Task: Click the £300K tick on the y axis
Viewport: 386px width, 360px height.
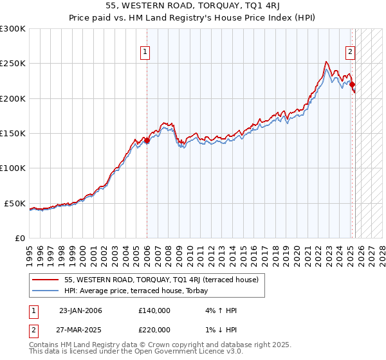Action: pos(13,29)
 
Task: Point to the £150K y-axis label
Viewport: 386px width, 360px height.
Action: pos(13,134)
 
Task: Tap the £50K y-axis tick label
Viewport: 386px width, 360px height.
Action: pos(15,203)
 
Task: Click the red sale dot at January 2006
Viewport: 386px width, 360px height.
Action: pos(147,140)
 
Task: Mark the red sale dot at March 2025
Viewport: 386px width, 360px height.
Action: pos(353,84)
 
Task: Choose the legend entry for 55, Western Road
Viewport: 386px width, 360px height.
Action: pos(161,280)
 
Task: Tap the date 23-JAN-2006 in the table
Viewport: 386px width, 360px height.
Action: pos(80,310)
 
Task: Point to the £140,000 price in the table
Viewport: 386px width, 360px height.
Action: pos(154,310)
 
